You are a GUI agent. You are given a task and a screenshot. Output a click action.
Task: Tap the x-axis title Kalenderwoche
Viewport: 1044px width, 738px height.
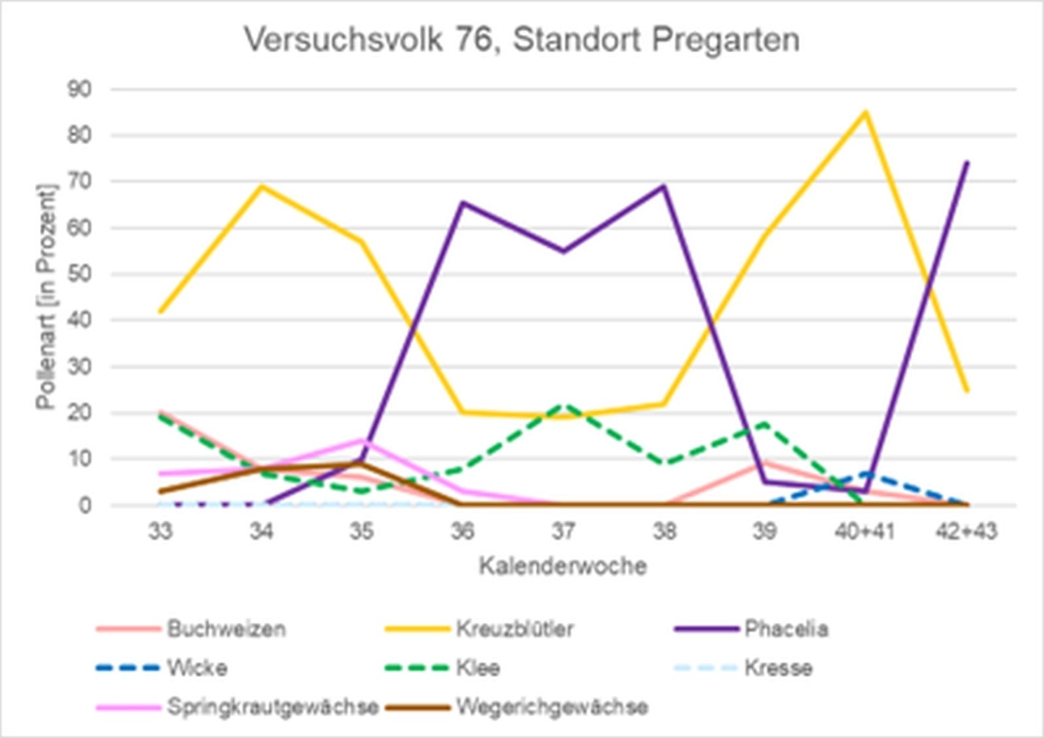(x=563, y=566)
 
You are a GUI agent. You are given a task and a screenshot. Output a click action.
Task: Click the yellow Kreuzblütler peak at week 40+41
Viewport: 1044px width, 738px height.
(x=865, y=112)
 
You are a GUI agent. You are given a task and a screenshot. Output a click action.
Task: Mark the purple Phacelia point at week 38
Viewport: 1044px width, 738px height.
(x=664, y=186)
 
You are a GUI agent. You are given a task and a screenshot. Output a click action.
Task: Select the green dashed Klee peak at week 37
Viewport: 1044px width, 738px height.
(x=564, y=405)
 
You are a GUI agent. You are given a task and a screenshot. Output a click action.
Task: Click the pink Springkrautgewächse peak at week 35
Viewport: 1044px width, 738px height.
(x=361, y=440)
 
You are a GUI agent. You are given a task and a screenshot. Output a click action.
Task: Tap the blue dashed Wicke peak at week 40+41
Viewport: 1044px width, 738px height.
(x=865, y=474)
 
